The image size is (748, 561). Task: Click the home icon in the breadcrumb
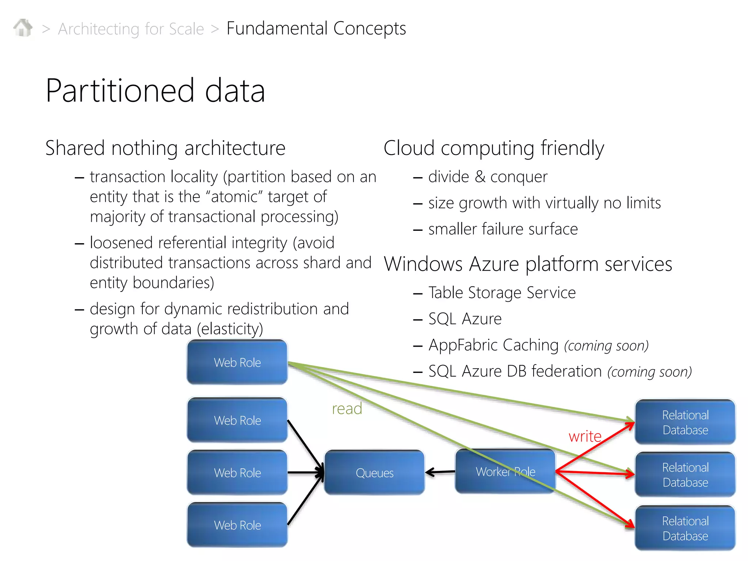pyautogui.click(x=23, y=28)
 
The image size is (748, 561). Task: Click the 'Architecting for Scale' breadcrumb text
pyautogui.click(x=131, y=29)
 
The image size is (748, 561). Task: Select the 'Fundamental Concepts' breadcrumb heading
pyautogui.click(x=316, y=28)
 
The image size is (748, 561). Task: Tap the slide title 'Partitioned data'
pyautogui.click(x=155, y=91)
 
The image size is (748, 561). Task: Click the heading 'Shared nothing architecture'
pyautogui.click(x=165, y=148)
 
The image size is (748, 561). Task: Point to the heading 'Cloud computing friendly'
pyautogui.click(x=494, y=148)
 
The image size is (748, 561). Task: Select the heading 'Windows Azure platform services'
pyautogui.click(x=528, y=264)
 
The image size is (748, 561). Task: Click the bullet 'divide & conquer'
pyautogui.click(x=488, y=177)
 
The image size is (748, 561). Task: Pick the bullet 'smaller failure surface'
pyautogui.click(x=503, y=229)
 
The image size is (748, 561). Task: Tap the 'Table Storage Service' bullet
pyautogui.click(x=502, y=293)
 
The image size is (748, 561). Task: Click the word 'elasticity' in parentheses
pyautogui.click(x=230, y=329)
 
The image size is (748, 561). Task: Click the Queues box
pyautogui.click(x=374, y=473)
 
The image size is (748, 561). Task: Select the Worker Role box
pyautogui.click(x=505, y=472)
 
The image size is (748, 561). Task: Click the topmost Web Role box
pyautogui.click(x=237, y=362)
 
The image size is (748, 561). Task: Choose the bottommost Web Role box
pyautogui.click(x=237, y=525)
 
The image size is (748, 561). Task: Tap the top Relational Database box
pyautogui.click(x=685, y=422)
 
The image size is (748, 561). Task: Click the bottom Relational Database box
pyautogui.click(x=685, y=528)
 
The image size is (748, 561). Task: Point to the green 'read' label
pyautogui.click(x=347, y=409)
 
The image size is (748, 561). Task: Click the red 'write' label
pyautogui.click(x=585, y=436)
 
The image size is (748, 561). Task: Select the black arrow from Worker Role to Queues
pyautogui.click(x=440, y=472)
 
